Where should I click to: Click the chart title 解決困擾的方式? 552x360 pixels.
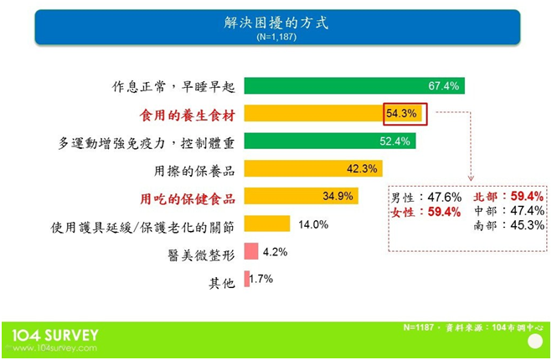click(x=276, y=23)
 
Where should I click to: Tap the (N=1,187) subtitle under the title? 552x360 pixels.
click(x=276, y=37)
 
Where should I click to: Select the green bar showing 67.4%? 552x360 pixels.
click(x=354, y=86)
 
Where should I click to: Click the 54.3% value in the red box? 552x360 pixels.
click(x=401, y=113)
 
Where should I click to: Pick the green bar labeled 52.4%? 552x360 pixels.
click(x=330, y=141)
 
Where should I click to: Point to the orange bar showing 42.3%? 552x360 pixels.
click(x=313, y=168)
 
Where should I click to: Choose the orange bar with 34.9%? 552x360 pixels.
click(x=302, y=196)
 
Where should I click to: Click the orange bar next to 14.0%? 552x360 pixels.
click(x=267, y=224)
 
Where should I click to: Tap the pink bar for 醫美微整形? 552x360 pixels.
click(x=251, y=251)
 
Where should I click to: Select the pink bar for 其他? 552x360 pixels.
click(x=247, y=279)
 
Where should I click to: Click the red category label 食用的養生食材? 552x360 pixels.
click(x=188, y=115)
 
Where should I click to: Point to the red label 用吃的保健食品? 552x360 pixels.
click(x=188, y=199)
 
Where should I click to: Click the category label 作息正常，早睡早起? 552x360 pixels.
click(x=173, y=86)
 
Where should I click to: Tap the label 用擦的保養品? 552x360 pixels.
click(x=194, y=172)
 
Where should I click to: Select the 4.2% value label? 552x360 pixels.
click(x=275, y=252)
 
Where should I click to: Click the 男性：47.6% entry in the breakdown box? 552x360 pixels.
click(x=426, y=198)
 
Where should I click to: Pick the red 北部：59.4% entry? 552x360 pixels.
click(x=508, y=196)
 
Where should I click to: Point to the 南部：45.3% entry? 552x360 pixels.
click(x=509, y=225)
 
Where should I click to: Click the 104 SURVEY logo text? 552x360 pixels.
click(x=55, y=336)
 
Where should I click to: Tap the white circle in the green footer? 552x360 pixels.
click(x=535, y=342)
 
